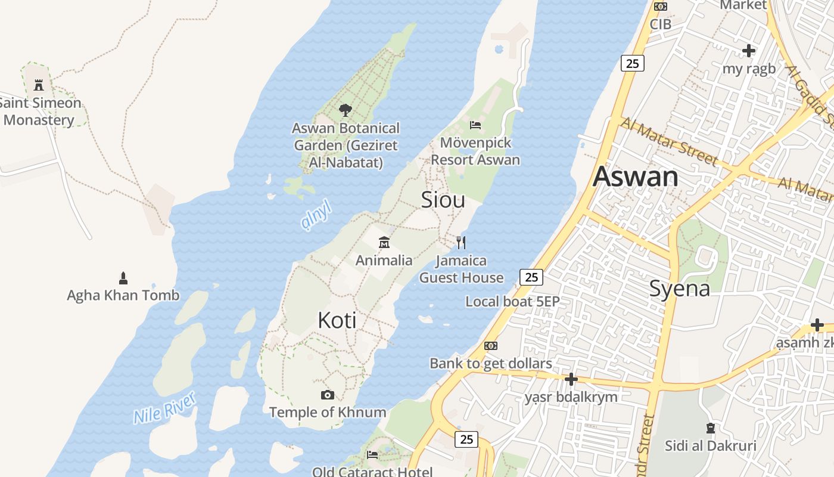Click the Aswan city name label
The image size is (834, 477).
click(x=636, y=177)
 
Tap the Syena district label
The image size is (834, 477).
click(x=679, y=289)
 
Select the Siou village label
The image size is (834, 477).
click(x=443, y=200)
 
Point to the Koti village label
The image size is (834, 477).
click(x=337, y=320)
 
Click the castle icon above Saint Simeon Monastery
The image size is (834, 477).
click(x=39, y=85)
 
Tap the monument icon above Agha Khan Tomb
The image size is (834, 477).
click(x=123, y=278)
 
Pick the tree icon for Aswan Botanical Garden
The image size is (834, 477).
click(x=345, y=110)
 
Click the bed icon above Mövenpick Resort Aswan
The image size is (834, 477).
click(x=475, y=125)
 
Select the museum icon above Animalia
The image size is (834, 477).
click(x=384, y=243)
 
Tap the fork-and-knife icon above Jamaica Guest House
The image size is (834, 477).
click(x=460, y=243)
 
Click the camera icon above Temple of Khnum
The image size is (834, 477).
click(x=327, y=395)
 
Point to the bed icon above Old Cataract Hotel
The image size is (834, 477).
click(x=372, y=455)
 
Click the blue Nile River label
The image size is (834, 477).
click(x=164, y=408)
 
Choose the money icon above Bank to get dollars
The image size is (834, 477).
click(x=491, y=346)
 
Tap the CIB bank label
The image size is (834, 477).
click(x=660, y=24)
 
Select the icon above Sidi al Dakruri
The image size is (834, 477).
click(x=710, y=428)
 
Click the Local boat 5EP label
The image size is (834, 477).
click(x=512, y=301)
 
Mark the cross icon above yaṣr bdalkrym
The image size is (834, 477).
click(x=571, y=379)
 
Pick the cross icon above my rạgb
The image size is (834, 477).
click(x=749, y=51)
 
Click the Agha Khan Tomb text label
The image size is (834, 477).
click(x=123, y=295)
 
